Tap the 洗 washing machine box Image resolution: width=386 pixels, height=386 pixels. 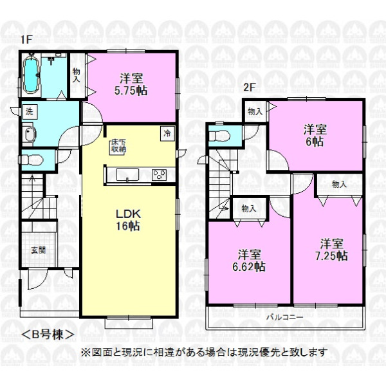point(30,112)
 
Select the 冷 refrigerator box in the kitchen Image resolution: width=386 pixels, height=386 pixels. point(167,134)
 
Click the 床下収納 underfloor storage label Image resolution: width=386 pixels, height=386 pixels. point(118,146)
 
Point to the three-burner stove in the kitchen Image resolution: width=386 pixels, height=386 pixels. point(159,175)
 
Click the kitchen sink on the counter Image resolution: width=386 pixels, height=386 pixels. point(127,174)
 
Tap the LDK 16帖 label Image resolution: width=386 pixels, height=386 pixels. point(128,219)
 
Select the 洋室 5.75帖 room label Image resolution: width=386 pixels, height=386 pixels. point(131,84)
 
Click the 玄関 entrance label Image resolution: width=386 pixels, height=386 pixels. point(39,250)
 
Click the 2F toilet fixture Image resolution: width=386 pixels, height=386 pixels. point(220,135)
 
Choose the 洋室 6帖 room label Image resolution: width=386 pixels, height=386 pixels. point(315,135)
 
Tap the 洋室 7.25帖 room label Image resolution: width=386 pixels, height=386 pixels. point(331,250)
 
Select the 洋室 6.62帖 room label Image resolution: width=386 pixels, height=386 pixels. point(249,261)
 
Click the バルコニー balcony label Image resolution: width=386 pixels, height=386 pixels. point(284,317)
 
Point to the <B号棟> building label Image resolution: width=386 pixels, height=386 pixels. point(48,335)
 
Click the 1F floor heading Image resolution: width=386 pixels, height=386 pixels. point(26,39)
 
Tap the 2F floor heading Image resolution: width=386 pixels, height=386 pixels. point(250,87)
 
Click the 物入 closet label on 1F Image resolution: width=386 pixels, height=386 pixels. point(77,75)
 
